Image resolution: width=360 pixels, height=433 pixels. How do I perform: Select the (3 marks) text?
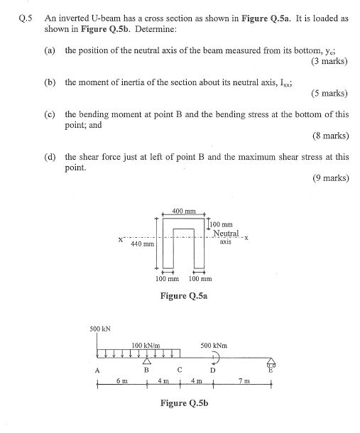click(329, 60)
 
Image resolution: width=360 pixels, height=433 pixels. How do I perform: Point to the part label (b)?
click(50, 83)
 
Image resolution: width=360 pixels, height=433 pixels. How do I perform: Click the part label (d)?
click(50, 157)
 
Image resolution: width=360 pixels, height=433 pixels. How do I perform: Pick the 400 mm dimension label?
click(184, 211)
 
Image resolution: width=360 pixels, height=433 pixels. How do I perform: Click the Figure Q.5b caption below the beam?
click(186, 402)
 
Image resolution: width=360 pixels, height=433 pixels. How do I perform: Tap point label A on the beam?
click(97, 370)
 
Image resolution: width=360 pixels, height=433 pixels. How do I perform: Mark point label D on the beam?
click(212, 370)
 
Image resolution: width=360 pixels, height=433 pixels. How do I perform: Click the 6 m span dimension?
click(121, 381)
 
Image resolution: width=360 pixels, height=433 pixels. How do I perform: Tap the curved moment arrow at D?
click(212, 357)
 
